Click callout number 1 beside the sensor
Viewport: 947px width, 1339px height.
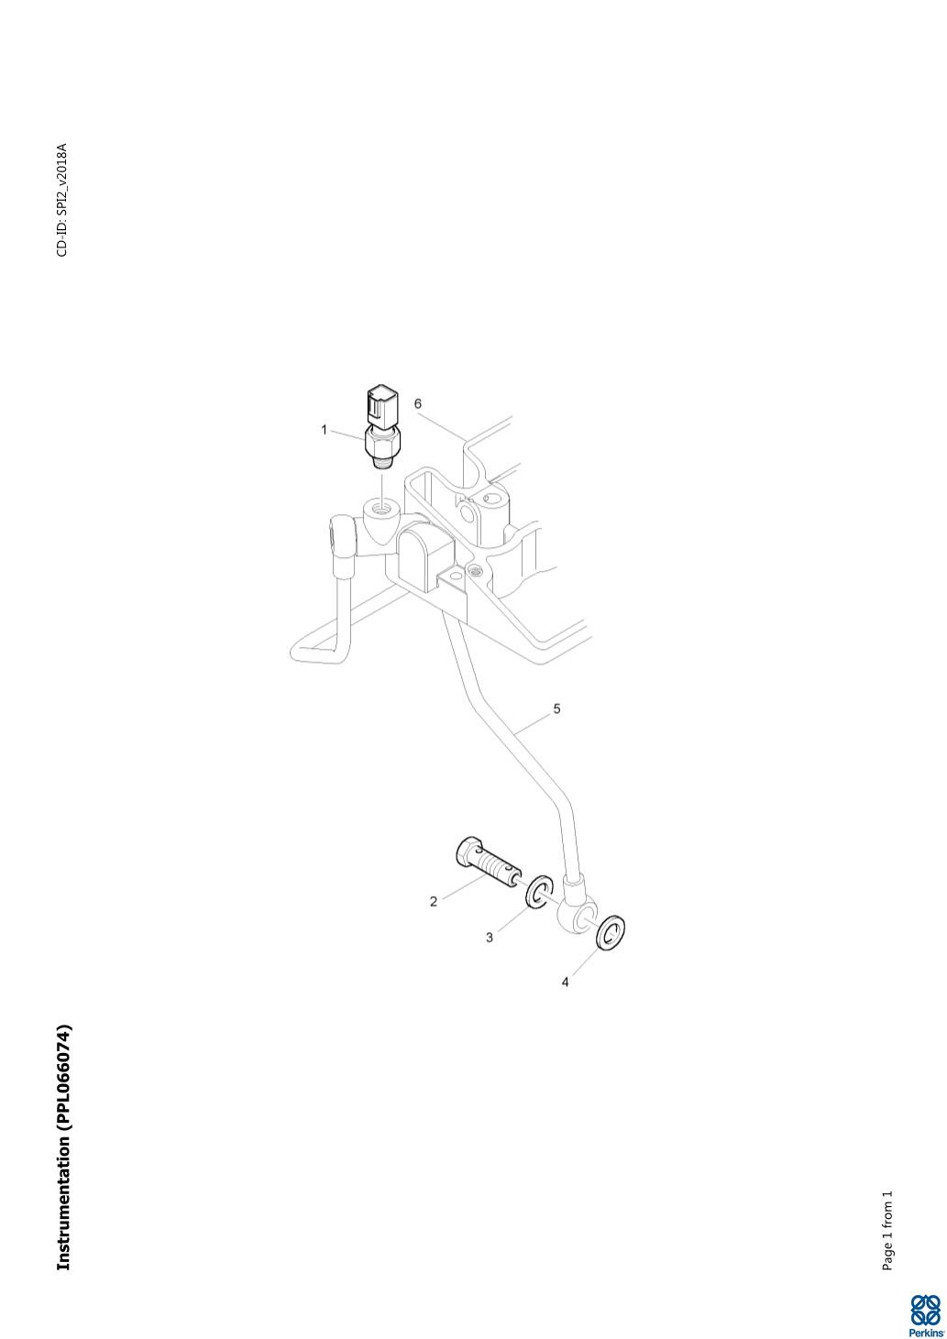(x=324, y=430)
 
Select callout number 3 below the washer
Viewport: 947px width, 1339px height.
(x=489, y=938)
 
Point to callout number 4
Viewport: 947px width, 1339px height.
(x=565, y=982)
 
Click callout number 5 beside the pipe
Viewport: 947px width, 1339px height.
(x=556, y=709)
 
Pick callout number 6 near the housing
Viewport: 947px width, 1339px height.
(x=417, y=404)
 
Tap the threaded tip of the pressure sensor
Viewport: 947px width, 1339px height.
(x=381, y=462)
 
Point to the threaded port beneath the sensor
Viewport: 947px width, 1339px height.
(x=378, y=510)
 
